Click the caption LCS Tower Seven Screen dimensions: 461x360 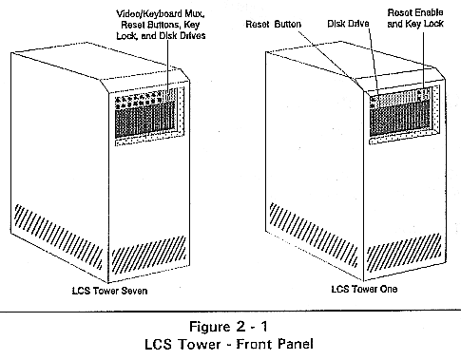click(109, 291)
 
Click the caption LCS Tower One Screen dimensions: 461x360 click(364, 289)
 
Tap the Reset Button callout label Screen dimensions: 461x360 click(273, 24)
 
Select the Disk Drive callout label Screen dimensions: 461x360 click(348, 24)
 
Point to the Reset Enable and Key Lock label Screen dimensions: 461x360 click(415, 18)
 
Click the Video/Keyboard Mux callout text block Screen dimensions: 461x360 click(161, 25)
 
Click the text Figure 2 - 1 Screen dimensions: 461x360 click(228, 327)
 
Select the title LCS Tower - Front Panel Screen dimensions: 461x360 click(229, 344)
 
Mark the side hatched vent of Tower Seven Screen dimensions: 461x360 click(59, 237)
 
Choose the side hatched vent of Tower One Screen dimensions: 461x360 click(314, 235)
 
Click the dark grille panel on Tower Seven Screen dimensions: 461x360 click(145, 119)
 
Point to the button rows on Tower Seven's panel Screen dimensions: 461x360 click(139, 99)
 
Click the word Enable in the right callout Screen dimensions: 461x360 click(430, 12)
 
